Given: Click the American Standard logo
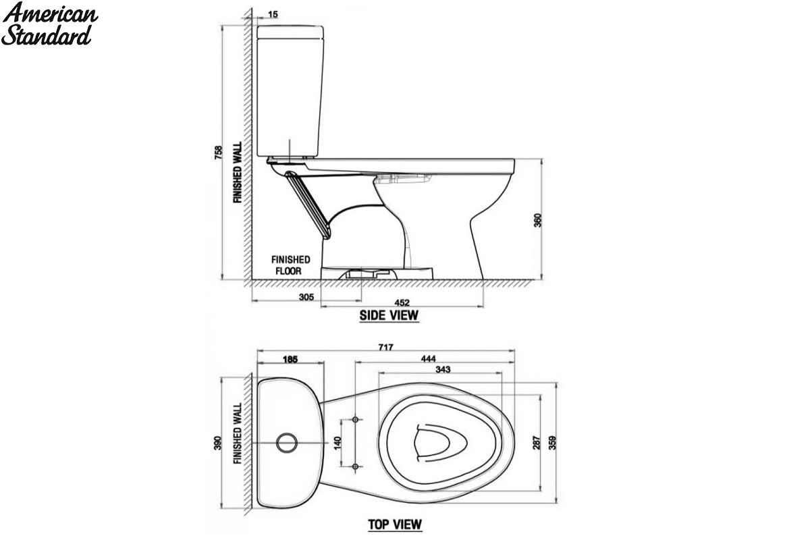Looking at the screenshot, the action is pyautogui.click(x=49, y=24).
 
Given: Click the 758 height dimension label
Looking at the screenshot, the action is pyautogui.click(x=219, y=153).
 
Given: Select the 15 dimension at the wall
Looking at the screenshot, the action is pyautogui.click(x=273, y=14).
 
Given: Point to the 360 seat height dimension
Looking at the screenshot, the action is pyautogui.click(x=538, y=220).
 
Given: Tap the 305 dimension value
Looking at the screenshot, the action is pyautogui.click(x=306, y=297).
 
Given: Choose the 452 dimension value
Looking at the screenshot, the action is pyautogui.click(x=402, y=302).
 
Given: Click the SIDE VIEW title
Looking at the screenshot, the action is pyautogui.click(x=389, y=315).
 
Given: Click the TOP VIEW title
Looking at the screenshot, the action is pyautogui.click(x=395, y=524).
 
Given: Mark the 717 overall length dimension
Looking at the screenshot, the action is pyautogui.click(x=385, y=347).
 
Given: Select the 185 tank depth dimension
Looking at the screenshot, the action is pyautogui.click(x=290, y=359).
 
